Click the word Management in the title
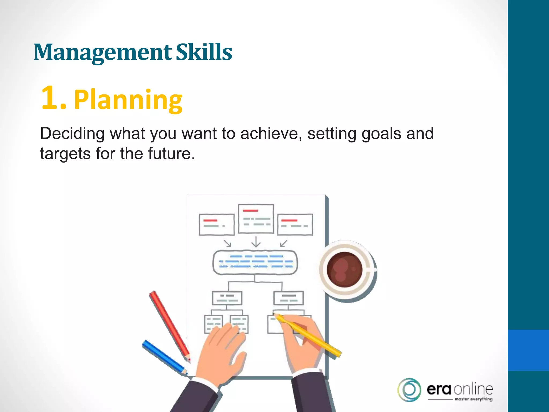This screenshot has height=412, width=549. [103, 52]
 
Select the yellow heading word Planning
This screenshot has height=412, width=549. [128, 100]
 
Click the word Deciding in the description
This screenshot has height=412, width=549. [72, 133]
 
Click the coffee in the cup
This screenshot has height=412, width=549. [344, 269]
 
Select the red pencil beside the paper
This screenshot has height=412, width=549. [169, 325]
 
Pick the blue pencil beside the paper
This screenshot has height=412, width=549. [164, 357]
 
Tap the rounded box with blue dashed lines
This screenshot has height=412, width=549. [255, 262]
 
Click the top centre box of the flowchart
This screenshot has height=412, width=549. [256, 219]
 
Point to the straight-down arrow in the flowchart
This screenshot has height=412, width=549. [256, 241]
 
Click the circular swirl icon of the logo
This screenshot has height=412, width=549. [409, 390]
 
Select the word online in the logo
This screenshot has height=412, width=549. [473, 389]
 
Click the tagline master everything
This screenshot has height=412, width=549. [473, 399]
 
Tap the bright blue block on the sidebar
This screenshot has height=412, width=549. [528, 350]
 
